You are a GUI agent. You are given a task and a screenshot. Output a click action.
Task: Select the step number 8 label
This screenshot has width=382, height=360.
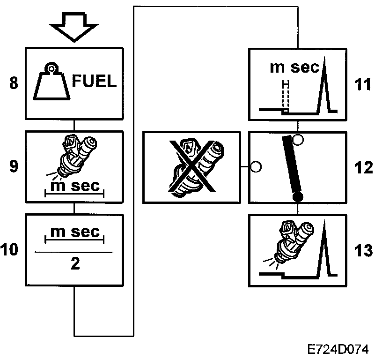(x=14, y=84)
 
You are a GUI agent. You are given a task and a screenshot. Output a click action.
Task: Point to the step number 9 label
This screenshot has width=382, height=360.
(x=14, y=167)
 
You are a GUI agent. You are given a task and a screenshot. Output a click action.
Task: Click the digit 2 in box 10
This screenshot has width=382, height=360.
(x=74, y=263)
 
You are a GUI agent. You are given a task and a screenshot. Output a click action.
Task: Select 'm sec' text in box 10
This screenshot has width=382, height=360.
(x=74, y=232)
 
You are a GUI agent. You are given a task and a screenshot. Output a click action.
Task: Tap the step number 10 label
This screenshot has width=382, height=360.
(x=10, y=250)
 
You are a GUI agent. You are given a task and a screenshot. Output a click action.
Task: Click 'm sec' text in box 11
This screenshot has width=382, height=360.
(x=294, y=68)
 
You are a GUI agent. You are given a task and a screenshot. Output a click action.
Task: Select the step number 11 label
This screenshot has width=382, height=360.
(x=362, y=85)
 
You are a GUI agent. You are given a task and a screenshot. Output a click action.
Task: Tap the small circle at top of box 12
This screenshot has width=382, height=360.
(x=298, y=139)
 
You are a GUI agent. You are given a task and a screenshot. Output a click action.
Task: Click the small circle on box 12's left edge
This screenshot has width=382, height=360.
(x=256, y=166)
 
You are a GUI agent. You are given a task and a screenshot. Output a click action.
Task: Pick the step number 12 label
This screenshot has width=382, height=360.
(x=362, y=167)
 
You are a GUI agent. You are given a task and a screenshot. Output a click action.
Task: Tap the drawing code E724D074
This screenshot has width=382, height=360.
(x=338, y=350)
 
